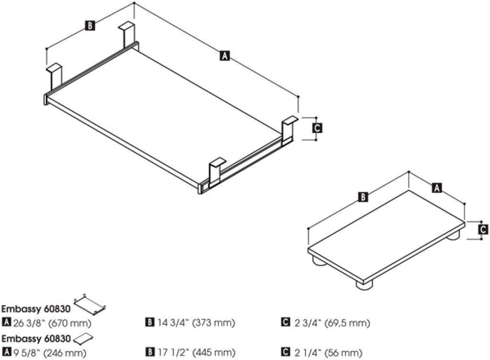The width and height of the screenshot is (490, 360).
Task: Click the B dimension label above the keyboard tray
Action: point(90,25)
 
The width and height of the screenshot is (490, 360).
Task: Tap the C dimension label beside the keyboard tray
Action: point(317,128)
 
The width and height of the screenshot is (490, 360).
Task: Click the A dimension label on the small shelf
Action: point(437,188)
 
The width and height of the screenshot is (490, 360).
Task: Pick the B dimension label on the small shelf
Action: point(363,197)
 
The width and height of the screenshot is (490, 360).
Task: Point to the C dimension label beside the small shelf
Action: point(483,229)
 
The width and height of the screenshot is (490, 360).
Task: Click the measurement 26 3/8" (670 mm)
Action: point(52,323)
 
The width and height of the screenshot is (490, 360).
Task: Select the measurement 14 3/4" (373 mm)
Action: point(196,322)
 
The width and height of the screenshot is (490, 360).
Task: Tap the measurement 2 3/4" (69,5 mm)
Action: point(332,322)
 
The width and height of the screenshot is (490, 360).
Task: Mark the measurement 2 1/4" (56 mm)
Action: point(328,353)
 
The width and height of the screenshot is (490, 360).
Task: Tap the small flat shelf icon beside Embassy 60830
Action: point(83,338)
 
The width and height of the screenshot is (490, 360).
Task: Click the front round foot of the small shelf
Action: point(365,285)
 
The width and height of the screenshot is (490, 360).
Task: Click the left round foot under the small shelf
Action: point(319,261)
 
